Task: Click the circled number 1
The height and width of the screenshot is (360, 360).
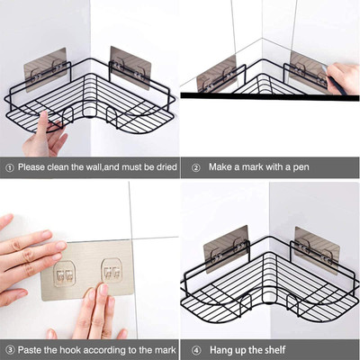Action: (9, 166)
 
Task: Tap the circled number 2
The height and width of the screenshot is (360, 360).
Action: (195, 166)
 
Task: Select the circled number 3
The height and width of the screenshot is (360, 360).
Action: (9, 348)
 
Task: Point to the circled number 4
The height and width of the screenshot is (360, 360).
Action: (195, 348)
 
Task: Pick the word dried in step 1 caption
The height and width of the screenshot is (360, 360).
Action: (157, 166)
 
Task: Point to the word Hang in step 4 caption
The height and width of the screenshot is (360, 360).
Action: (221, 348)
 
